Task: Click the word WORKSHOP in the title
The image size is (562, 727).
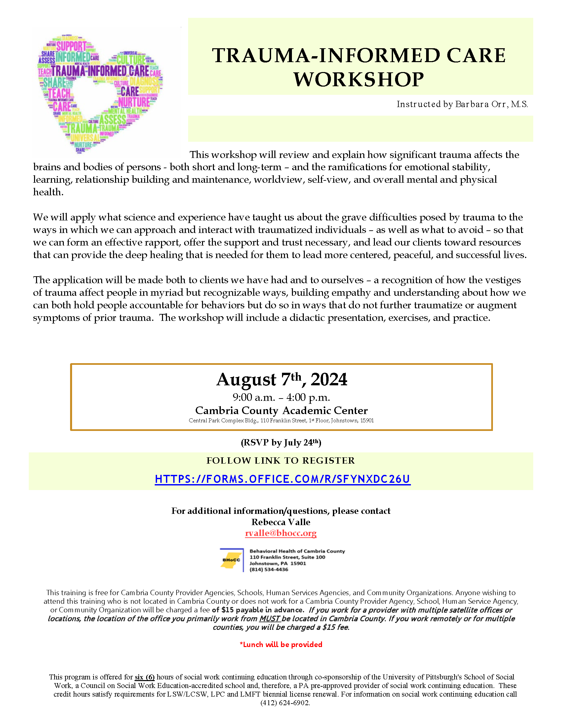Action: pos(359,80)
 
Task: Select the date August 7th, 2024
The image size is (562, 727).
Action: pos(282,379)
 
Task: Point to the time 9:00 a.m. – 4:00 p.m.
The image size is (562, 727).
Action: pos(281,398)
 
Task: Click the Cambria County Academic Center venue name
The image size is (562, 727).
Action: pos(281,410)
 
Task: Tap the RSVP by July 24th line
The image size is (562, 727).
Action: pos(281,442)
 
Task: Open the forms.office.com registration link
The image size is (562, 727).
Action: pos(283,479)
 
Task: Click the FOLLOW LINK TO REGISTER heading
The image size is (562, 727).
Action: pos(281,461)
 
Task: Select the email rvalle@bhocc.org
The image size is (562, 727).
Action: pos(281,533)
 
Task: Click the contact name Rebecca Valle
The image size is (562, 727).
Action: pos(281,522)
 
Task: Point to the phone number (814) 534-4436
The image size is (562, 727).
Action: pos(269,570)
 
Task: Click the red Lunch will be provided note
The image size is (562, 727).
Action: pos(281,645)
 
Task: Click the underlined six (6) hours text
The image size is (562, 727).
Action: pos(144,677)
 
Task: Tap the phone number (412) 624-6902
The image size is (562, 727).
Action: pos(285,703)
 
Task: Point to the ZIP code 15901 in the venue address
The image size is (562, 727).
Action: pos(367,421)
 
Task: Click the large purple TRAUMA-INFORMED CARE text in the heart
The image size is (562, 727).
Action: pos(100,71)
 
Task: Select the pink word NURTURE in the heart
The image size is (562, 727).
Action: pos(134,102)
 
